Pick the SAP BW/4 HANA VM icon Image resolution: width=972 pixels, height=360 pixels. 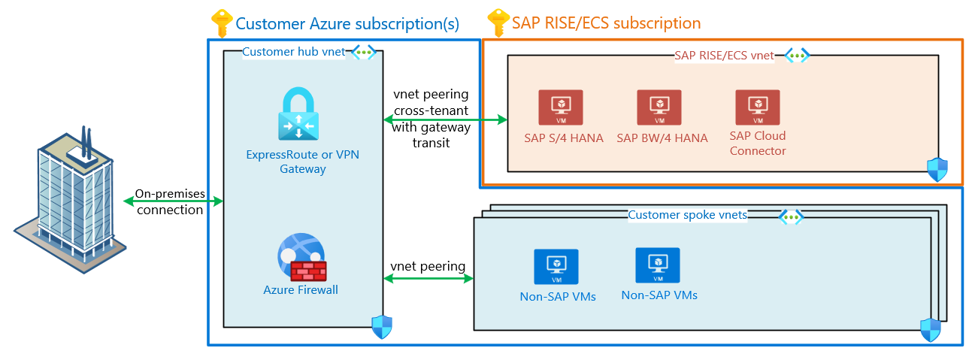pyautogui.click(x=659, y=107)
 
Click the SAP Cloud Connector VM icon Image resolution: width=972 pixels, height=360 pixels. pyautogui.click(x=757, y=107)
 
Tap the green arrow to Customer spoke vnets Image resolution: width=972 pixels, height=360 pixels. pyautogui.click(x=428, y=279)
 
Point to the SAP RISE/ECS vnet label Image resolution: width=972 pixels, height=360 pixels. pyautogui.click(x=725, y=56)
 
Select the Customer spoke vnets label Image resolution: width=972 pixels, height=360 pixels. pyautogui.click(x=687, y=216)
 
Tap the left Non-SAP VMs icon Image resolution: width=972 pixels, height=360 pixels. pyautogui.click(x=556, y=267)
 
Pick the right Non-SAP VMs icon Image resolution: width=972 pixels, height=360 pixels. pyautogui.click(x=658, y=265)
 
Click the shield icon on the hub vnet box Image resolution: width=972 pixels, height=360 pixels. pyautogui.click(x=382, y=326)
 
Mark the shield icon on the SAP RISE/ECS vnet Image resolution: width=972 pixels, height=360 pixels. pyautogui.click(x=937, y=169)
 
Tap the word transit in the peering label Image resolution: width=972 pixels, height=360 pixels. pyautogui.click(x=431, y=142)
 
